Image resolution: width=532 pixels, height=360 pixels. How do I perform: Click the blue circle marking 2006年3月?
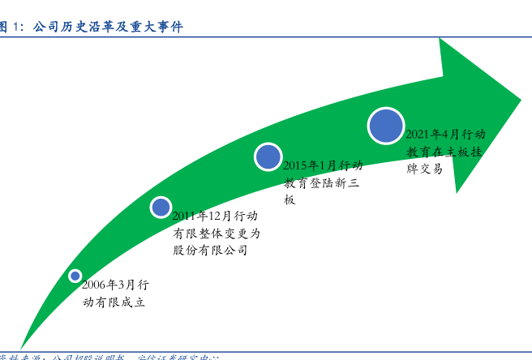75,276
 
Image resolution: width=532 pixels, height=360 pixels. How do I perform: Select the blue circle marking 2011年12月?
161,207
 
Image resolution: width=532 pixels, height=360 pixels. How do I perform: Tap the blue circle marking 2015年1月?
268,156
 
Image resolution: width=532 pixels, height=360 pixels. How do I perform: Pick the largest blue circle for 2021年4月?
385,126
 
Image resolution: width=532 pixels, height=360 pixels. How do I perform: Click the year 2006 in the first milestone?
94,285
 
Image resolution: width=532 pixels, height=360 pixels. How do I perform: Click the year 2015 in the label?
297,165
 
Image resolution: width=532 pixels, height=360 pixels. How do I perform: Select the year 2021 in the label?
418,135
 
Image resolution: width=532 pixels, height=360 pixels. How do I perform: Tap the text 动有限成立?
114,302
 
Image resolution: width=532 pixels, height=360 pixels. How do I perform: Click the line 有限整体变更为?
216,234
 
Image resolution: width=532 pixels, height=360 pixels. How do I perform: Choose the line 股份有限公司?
210,251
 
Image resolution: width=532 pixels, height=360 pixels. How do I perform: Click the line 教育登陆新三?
321,182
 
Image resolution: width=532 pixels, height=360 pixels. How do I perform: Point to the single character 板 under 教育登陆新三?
290,199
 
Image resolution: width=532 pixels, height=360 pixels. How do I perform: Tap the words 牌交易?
425,169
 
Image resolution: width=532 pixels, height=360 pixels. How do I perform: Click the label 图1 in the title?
11,28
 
